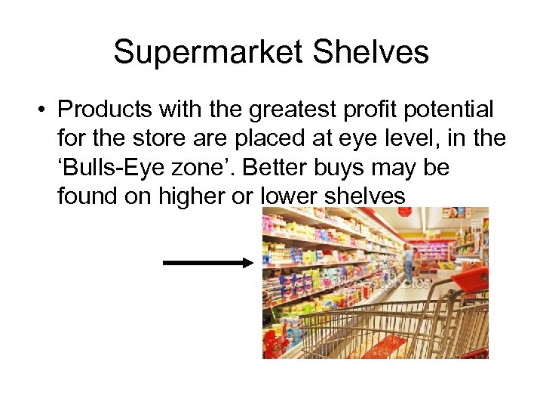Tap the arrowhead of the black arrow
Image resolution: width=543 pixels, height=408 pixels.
pyautogui.click(x=247, y=263)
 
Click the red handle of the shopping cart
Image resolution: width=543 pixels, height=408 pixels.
pyautogui.click(x=468, y=280)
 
